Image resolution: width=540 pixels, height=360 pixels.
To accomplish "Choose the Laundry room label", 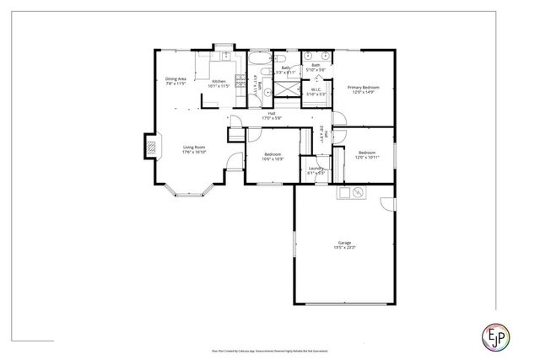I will (x=316, y=169).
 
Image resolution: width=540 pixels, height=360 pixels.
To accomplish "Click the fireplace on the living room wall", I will (x=150, y=147).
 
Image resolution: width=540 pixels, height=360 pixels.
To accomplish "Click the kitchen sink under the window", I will (x=225, y=56).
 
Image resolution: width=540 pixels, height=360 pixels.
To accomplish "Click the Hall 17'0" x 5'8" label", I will (x=272, y=116).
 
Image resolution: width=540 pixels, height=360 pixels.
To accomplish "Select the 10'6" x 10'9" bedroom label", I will (x=273, y=157).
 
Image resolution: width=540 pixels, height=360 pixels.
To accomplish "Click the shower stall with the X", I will (x=289, y=88).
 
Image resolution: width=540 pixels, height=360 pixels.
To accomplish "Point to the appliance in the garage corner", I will (x=358, y=193).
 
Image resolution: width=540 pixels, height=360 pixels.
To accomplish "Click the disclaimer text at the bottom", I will (x=270, y=348).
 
